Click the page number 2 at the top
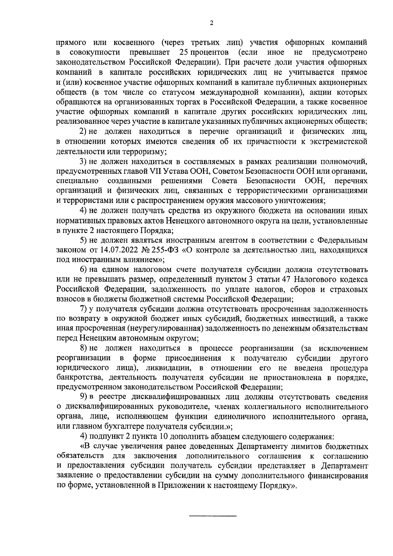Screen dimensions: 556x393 (211, 23)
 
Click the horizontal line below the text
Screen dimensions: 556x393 (213, 516)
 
